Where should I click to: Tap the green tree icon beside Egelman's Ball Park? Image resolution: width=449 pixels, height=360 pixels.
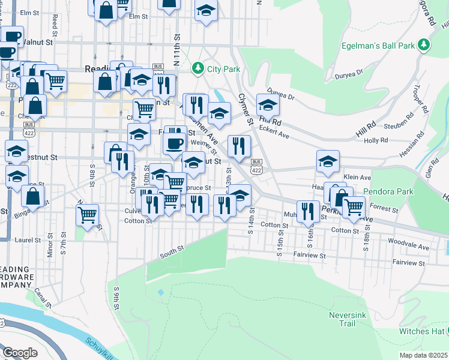424,44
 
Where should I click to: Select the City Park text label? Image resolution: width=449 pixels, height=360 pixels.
223,69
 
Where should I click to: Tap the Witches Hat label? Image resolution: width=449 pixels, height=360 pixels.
422,331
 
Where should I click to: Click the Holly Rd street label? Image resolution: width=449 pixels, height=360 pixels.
376,140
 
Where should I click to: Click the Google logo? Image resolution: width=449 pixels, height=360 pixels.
20,353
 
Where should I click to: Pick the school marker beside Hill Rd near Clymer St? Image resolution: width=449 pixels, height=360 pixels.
268,105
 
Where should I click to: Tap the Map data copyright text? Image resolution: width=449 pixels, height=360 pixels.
424,355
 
